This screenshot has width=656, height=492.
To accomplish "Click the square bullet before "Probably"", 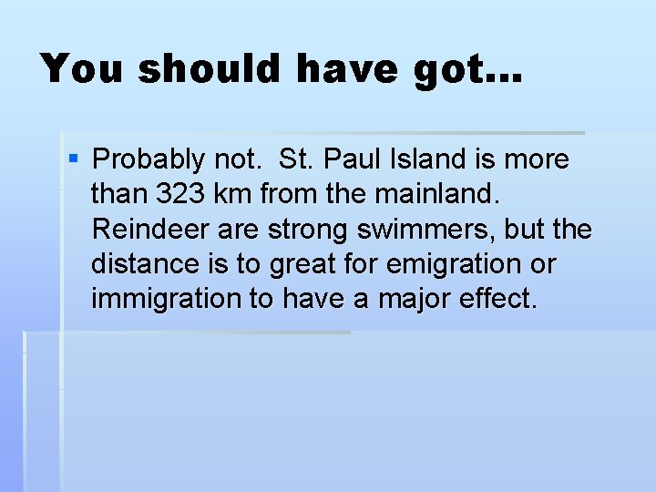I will (x=75, y=160).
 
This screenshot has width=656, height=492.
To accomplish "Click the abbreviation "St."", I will (x=295, y=160).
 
